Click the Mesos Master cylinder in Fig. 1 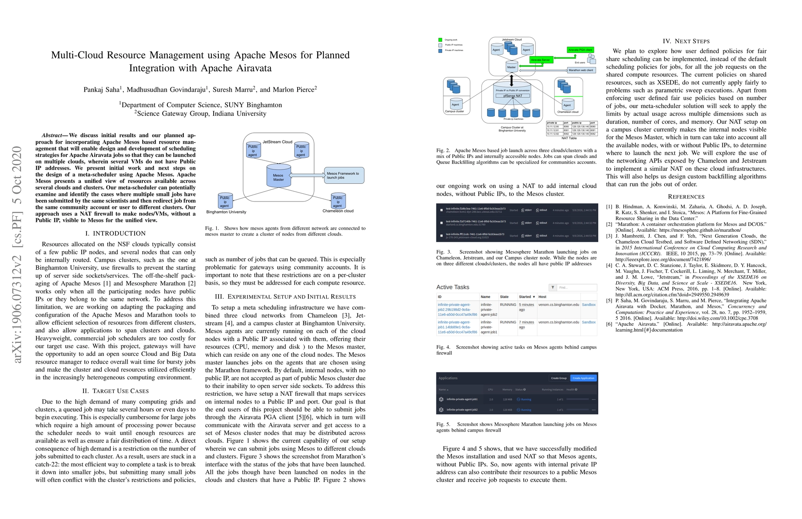pyautogui.click(x=279, y=176)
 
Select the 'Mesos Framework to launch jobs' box pyautogui.click(x=344, y=175)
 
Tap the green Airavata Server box pyautogui.click(x=540, y=60)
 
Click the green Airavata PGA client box pyautogui.click(x=580, y=50)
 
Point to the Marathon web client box pyautogui.click(x=581, y=70)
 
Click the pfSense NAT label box pyautogui.click(x=512, y=96)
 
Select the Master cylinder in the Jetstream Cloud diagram pyautogui.click(x=511, y=67)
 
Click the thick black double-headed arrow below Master pyautogui.click(x=512, y=80)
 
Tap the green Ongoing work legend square pyautogui.click(x=440, y=40)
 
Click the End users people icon pyautogui.click(x=591, y=58)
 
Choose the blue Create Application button pyautogui.click(x=583, y=378)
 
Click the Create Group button pyautogui.click(x=558, y=378)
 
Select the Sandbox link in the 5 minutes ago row pyautogui.click(x=588, y=304)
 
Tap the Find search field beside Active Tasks pyautogui.click(x=577, y=287)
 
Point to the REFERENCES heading pyautogui.click(x=686, y=197)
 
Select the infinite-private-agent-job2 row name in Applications pyautogui.click(x=462, y=410)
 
